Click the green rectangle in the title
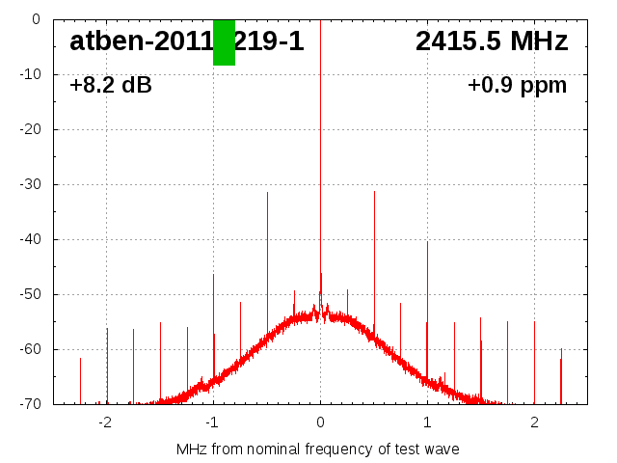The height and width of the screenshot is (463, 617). [224, 42]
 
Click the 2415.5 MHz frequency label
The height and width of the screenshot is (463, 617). [492, 41]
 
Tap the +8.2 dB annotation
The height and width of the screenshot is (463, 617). [111, 86]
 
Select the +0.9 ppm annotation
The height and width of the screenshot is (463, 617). [518, 86]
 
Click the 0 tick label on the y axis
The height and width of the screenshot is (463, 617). [35, 19]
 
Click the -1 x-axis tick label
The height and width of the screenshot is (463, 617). [212, 422]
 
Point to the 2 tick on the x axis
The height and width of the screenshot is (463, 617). [534, 422]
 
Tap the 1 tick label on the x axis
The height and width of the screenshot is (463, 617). [427, 422]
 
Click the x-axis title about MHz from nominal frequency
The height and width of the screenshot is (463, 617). [318, 449]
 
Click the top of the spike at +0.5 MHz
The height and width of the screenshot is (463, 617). [374, 192]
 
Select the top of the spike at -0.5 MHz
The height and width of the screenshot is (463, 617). [267, 193]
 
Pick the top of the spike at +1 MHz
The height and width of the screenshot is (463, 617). [427, 242]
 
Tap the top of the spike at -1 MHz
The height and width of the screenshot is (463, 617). [213, 275]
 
